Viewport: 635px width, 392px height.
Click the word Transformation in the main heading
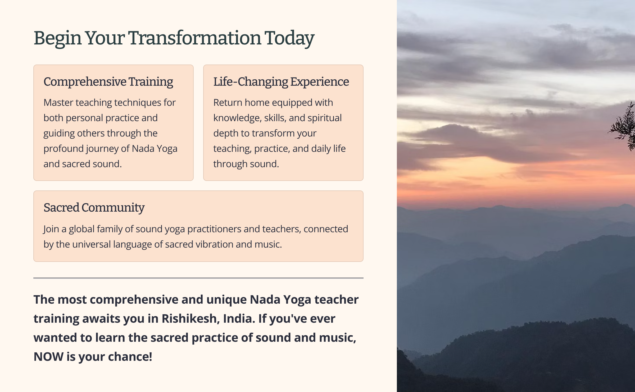coord(195,38)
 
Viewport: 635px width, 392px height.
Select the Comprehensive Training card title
coord(108,82)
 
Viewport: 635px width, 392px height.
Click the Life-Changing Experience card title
coord(281,82)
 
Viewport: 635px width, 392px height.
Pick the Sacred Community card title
coord(94,208)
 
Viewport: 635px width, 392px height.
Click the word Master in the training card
coord(58,102)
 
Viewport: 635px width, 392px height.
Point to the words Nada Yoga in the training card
coord(155,149)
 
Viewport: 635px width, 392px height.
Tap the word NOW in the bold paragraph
coord(49,357)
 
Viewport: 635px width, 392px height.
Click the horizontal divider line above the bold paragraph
coord(198,278)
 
